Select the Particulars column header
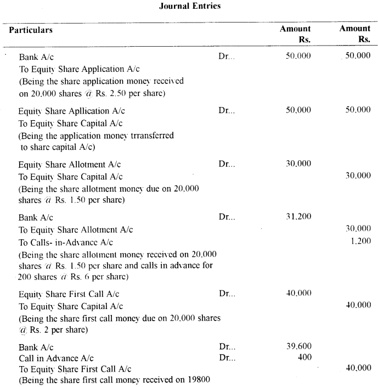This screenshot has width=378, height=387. (30, 30)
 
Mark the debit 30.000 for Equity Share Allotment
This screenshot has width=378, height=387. (298, 164)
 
